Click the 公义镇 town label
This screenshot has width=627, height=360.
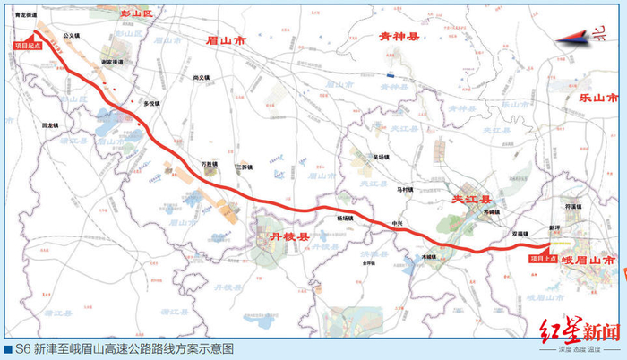(x=72, y=37)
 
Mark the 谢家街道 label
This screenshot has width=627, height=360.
(x=113, y=62)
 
